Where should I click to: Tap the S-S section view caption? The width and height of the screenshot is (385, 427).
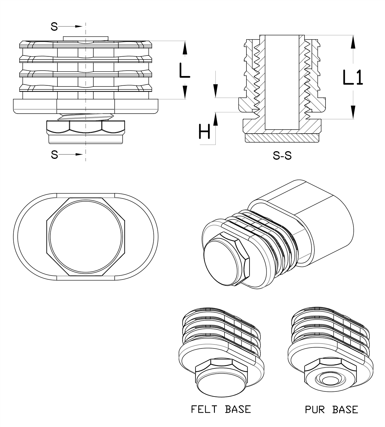[282, 155]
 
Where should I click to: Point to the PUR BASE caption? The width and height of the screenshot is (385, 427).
[332, 409]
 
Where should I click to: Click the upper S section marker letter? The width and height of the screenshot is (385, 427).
[54, 26]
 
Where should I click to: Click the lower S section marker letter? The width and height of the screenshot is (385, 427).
[54, 155]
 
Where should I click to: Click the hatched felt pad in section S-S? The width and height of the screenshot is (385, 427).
[282, 138]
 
